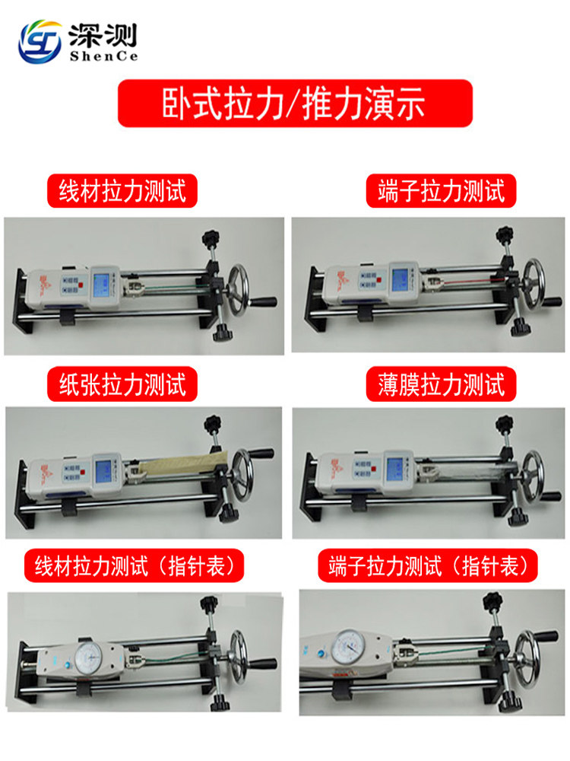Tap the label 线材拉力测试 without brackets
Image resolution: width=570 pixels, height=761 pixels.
point(122,191)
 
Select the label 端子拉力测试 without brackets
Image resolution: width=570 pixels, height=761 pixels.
point(441,191)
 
